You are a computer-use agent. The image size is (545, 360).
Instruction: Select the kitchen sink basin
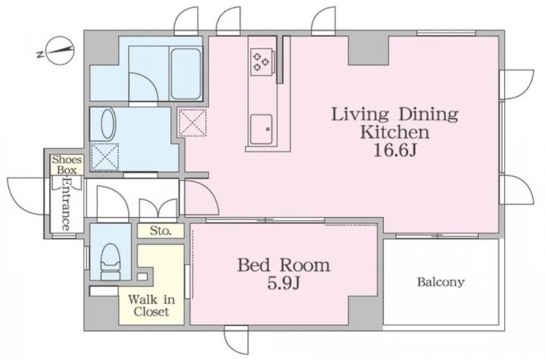pos(261,129)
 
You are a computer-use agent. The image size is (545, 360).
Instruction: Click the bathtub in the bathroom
pos(186,73)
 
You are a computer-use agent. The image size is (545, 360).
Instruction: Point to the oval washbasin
pos(107,124)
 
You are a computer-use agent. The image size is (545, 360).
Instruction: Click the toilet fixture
pos(111,262)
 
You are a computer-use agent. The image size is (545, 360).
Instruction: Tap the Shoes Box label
pos(67,165)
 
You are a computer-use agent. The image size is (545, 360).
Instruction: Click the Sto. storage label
pos(160,231)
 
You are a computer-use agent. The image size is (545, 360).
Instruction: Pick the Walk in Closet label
pos(151,305)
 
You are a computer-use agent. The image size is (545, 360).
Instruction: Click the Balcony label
pos(441,282)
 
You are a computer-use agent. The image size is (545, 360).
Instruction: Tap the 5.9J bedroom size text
pos(284,284)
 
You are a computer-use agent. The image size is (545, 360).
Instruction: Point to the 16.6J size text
pos(395,151)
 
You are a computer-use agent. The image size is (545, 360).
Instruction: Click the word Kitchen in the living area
pos(395,132)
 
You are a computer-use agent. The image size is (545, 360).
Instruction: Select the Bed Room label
pos(284,265)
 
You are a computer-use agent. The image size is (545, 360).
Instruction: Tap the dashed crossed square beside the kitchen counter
pos(192,123)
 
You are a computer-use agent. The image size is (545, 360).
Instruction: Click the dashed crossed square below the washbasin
pos(104,157)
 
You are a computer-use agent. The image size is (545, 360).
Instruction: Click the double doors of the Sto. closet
pos(158,210)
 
